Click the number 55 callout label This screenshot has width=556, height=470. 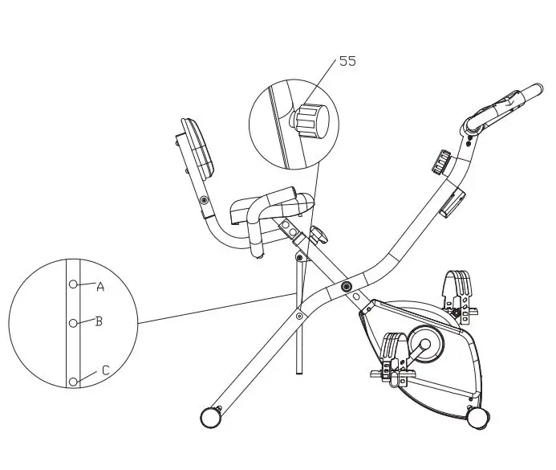(347, 61)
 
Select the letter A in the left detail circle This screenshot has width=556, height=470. (100, 286)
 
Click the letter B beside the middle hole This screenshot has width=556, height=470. (99, 321)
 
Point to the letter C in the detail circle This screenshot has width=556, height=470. (104, 371)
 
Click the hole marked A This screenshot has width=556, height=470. (74, 284)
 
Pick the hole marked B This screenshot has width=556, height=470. (73, 322)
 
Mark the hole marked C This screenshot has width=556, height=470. (73, 382)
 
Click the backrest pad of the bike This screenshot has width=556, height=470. (198, 149)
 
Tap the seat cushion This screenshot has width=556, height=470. (269, 205)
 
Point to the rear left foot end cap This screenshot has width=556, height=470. (209, 416)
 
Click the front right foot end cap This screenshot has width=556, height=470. (479, 417)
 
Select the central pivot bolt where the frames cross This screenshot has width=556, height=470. (346, 287)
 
